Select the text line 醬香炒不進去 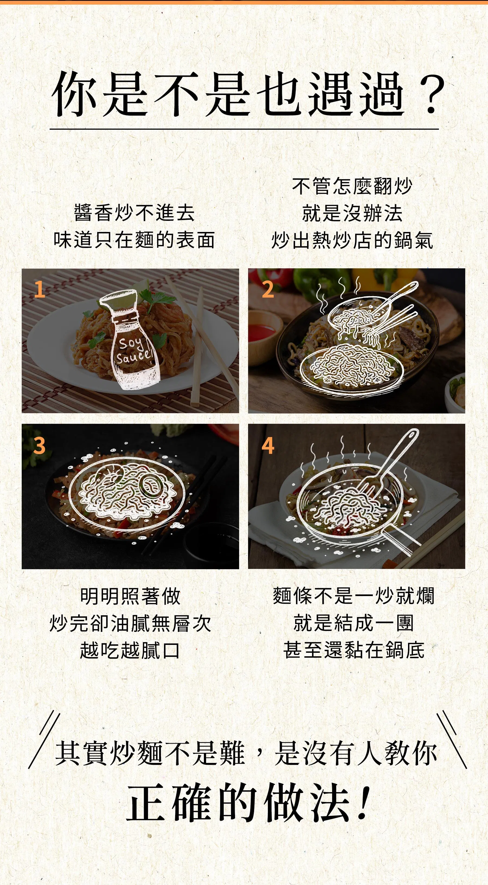134,213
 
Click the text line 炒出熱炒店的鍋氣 352,240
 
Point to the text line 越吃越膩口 130,650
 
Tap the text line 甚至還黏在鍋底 354,650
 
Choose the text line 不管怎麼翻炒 352,186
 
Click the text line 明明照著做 130,596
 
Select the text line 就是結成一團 354,623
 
